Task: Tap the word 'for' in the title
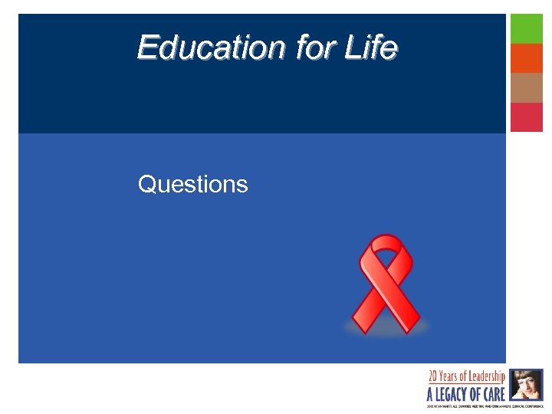tap(314, 48)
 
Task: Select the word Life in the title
tap(371, 48)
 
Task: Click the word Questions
tap(193, 185)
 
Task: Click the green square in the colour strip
tap(527, 28)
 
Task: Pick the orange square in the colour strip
tap(527, 58)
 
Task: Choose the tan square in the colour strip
tap(527, 87)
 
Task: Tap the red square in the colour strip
tap(527, 117)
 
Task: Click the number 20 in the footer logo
tap(434, 376)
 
